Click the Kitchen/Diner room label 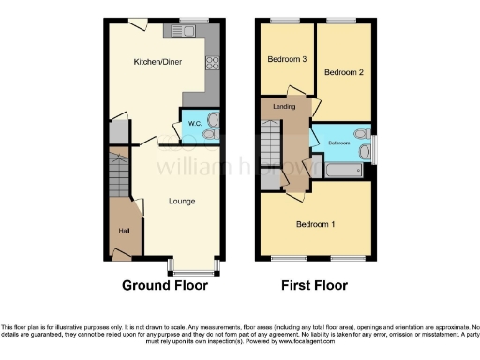[x=157, y=62]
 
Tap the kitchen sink [x=180, y=32]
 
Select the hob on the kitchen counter [x=211, y=64]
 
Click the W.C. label [x=195, y=123]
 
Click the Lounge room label [x=181, y=201]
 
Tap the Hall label [x=123, y=230]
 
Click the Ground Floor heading [x=164, y=286]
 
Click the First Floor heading [x=315, y=286]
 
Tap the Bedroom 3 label [x=287, y=59]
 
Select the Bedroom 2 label [x=343, y=71]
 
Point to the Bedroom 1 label [x=316, y=224]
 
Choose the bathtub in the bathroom [x=345, y=170]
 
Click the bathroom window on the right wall [x=374, y=149]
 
